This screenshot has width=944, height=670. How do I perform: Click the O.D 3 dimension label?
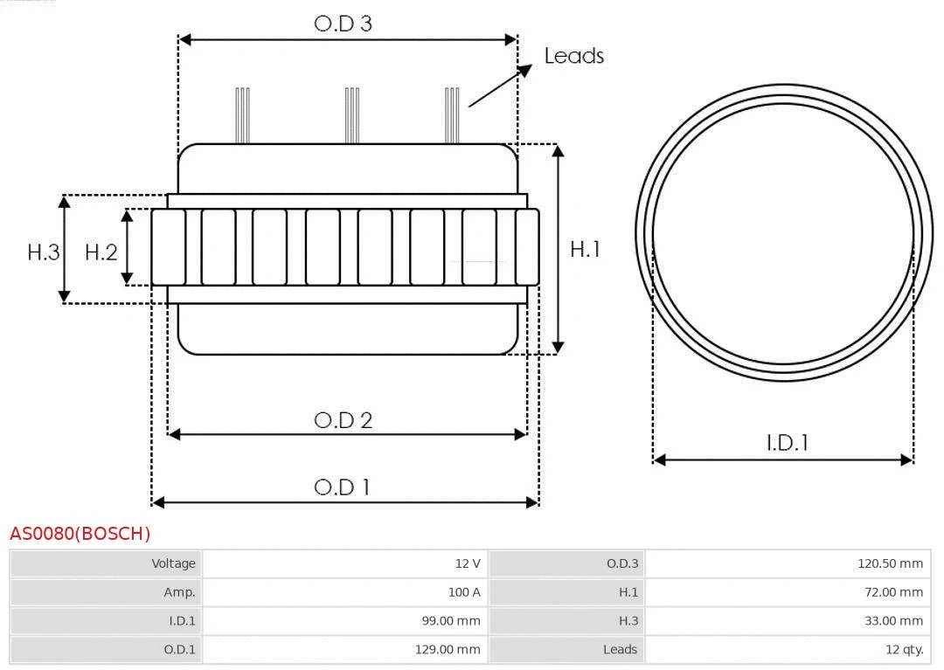[x=343, y=24]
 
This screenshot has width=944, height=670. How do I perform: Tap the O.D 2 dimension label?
[x=343, y=420]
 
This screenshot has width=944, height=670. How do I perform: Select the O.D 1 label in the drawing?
[x=342, y=487]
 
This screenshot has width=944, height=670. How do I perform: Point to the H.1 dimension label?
[x=585, y=249]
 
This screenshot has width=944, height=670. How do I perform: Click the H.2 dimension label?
[x=101, y=252]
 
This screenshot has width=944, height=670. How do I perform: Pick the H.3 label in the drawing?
[x=44, y=252]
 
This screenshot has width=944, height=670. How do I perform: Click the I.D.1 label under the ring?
[x=787, y=443]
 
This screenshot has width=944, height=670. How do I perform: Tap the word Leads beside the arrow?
[x=573, y=56]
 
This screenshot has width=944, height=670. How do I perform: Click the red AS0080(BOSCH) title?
[x=80, y=533]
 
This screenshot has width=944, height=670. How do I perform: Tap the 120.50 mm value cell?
[x=788, y=563]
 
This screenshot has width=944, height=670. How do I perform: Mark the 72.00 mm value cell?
[x=788, y=592]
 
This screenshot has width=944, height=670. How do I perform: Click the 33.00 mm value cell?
[x=788, y=621]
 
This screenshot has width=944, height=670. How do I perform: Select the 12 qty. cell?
[x=788, y=649]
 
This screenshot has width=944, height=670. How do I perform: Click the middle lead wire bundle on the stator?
[x=352, y=115]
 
